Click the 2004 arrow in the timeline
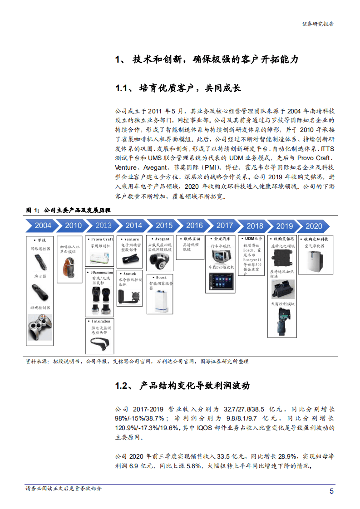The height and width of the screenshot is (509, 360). pos(43,225)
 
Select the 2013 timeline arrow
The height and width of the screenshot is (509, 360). pos(104,225)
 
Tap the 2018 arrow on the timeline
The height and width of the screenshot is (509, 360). pos(255,226)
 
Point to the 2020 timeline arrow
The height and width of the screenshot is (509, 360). pos(314,226)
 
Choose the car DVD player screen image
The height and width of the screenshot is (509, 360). pos(222,281)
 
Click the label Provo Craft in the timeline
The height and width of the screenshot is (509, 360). pos(102,239)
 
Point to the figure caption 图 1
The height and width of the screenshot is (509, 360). pos(33,210)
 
